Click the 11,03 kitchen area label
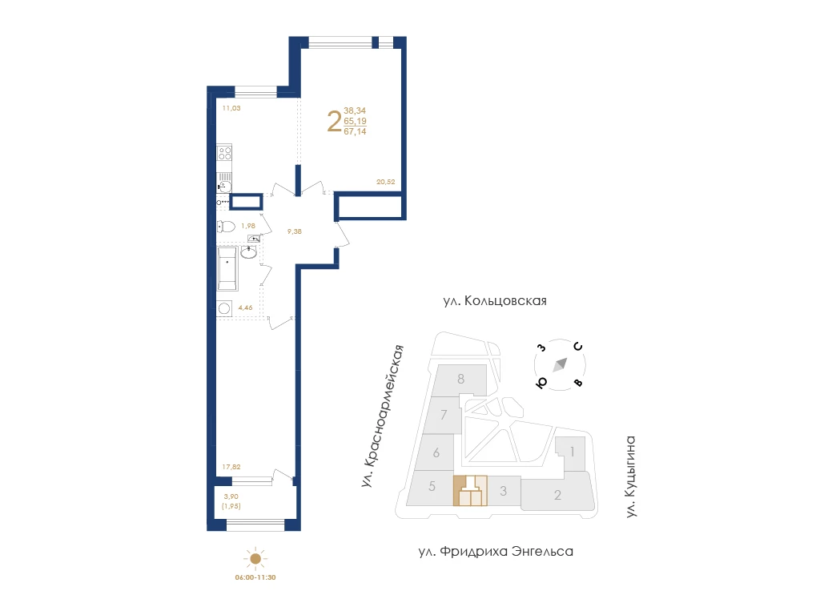pyautogui.click(x=231, y=108)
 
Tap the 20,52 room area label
pyautogui.click(x=385, y=182)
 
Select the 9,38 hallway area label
pyautogui.click(x=295, y=231)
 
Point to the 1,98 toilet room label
pyautogui.click(x=248, y=226)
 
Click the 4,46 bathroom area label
pyautogui.click(x=245, y=307)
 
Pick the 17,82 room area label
pyautogui.click(x=231, y=467)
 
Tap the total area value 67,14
pyautogui.click(x=355, y=132)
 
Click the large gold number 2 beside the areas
pyautogui.click(x=334, y=122)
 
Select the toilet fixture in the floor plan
pyautogui.click(x=226, y=227)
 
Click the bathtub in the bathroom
pyautogui.click(x=227, y=269)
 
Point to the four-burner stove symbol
pyautogui.click(x=225, y=153)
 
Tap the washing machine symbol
pyautogui.click(x=224, y=308)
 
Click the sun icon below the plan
pyautogui.click(x=255, y=559)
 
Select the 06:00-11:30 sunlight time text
pyautogui.click(x=255, y=577)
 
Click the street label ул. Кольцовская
pyautogui.click(x=495, y=301)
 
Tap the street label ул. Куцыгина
pyautogui.click(x=631, y=477)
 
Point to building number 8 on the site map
pyautogui.click(x=460, y=379)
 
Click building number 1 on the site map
pyautogui.click(x=572, y=452)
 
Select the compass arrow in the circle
pyautogui.click(x=560, y=364)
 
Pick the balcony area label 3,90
pyautogui.click(x=231, y=496)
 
